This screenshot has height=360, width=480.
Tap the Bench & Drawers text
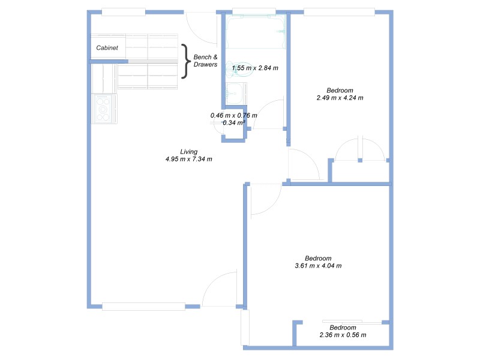(x=205, y=61)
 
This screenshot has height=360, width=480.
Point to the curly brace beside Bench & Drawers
(x=185, y=61)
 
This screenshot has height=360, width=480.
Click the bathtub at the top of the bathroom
(x=255, y=31)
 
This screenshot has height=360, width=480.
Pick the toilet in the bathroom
(x=235, y=69)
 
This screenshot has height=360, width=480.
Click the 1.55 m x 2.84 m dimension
(x=255, y=68)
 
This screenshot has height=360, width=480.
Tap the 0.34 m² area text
(x=233, y=123)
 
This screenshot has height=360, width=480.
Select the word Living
(x=188, y=152)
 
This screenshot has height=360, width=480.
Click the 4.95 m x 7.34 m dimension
(x=188, y=160)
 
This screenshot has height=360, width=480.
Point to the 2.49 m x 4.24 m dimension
(x=340, y=98)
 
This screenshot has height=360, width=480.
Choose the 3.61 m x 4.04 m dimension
(x=318, y=266)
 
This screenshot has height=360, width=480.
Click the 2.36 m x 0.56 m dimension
(x=343, y=335)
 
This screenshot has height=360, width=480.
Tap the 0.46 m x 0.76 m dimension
(x=233, y=115)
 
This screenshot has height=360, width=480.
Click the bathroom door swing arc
(x=269, y=114)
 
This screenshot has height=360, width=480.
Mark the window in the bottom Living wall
(x=143, y=307)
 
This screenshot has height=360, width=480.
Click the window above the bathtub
(x=254, y=11)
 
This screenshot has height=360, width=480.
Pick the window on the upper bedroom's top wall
(x=339, y=11)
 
